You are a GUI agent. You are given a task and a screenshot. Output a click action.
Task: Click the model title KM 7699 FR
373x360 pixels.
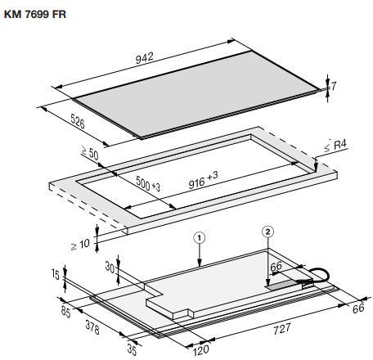click(x=35, y=15)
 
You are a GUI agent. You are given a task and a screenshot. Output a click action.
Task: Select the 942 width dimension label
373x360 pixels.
click(x=145, y=58)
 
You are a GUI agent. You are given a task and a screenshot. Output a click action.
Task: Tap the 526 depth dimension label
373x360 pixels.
click(x=78, y=121)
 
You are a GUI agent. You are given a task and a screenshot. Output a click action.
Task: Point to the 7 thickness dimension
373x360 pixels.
click(x=334, y=86)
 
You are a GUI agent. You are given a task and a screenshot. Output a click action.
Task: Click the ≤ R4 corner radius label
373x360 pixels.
click(x=335, y=146)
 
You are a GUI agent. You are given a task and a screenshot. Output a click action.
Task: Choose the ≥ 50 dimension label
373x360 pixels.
click(x=90, y=153)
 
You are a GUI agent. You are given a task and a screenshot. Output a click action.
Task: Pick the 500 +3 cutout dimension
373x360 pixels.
click(x=148, y=183)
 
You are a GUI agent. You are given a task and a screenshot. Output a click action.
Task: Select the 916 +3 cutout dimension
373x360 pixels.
click(x=204, y=180)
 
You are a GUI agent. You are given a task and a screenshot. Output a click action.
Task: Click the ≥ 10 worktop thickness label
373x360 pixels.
click(x=80, y=245)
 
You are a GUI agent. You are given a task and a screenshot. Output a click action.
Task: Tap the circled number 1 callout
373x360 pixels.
click(x=200, y=238)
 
